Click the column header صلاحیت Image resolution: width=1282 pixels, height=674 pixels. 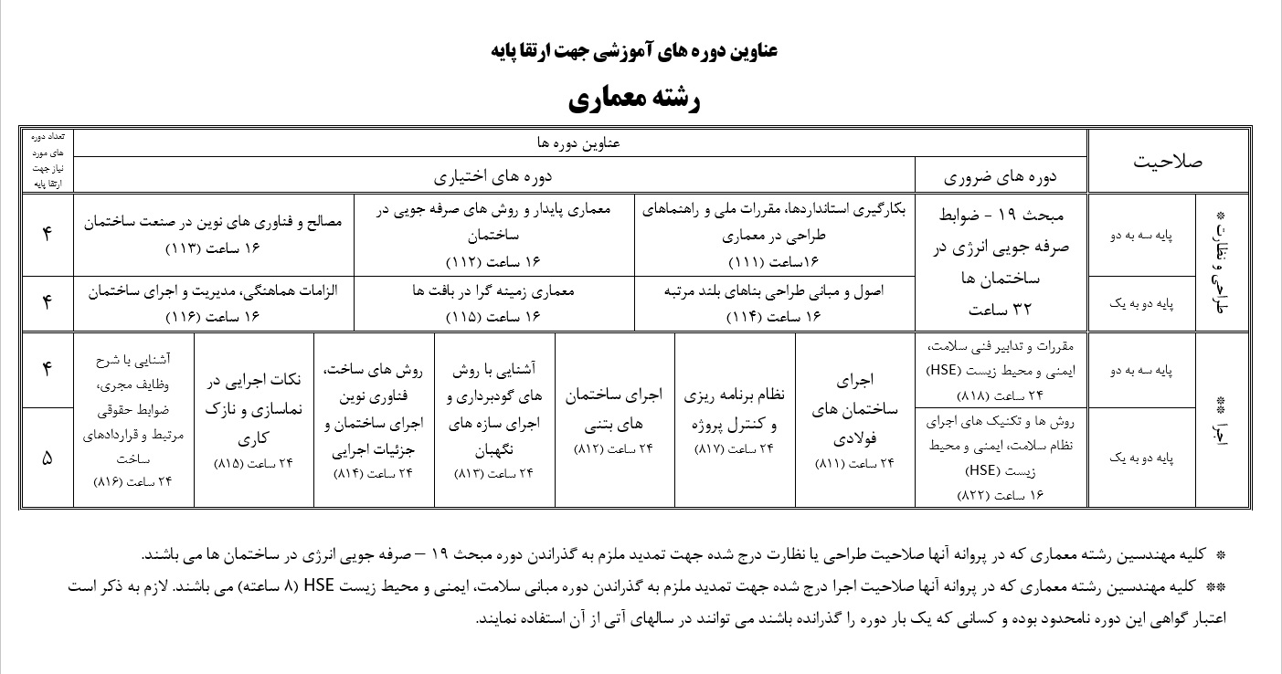pos(1167,161)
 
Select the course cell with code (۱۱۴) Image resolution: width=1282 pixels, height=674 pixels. pos(775,302)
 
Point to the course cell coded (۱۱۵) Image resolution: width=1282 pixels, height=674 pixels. pos(493,302)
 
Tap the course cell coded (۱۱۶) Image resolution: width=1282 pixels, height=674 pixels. pos(213,302)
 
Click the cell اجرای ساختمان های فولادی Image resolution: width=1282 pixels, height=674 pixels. pos(855,420)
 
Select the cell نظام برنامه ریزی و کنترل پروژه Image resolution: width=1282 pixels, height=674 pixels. pos(735,420)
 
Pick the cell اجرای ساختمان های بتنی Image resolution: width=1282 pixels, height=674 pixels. pos(614,420)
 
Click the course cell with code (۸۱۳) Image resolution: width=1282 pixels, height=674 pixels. pos(493,420)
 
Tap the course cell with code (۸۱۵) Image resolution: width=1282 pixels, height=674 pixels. pos(253,420)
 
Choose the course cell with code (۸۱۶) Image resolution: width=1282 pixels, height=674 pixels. pos(133,420)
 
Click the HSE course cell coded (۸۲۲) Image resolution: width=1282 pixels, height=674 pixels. pos(1001,457)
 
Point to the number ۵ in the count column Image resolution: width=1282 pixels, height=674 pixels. pos(48,458)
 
